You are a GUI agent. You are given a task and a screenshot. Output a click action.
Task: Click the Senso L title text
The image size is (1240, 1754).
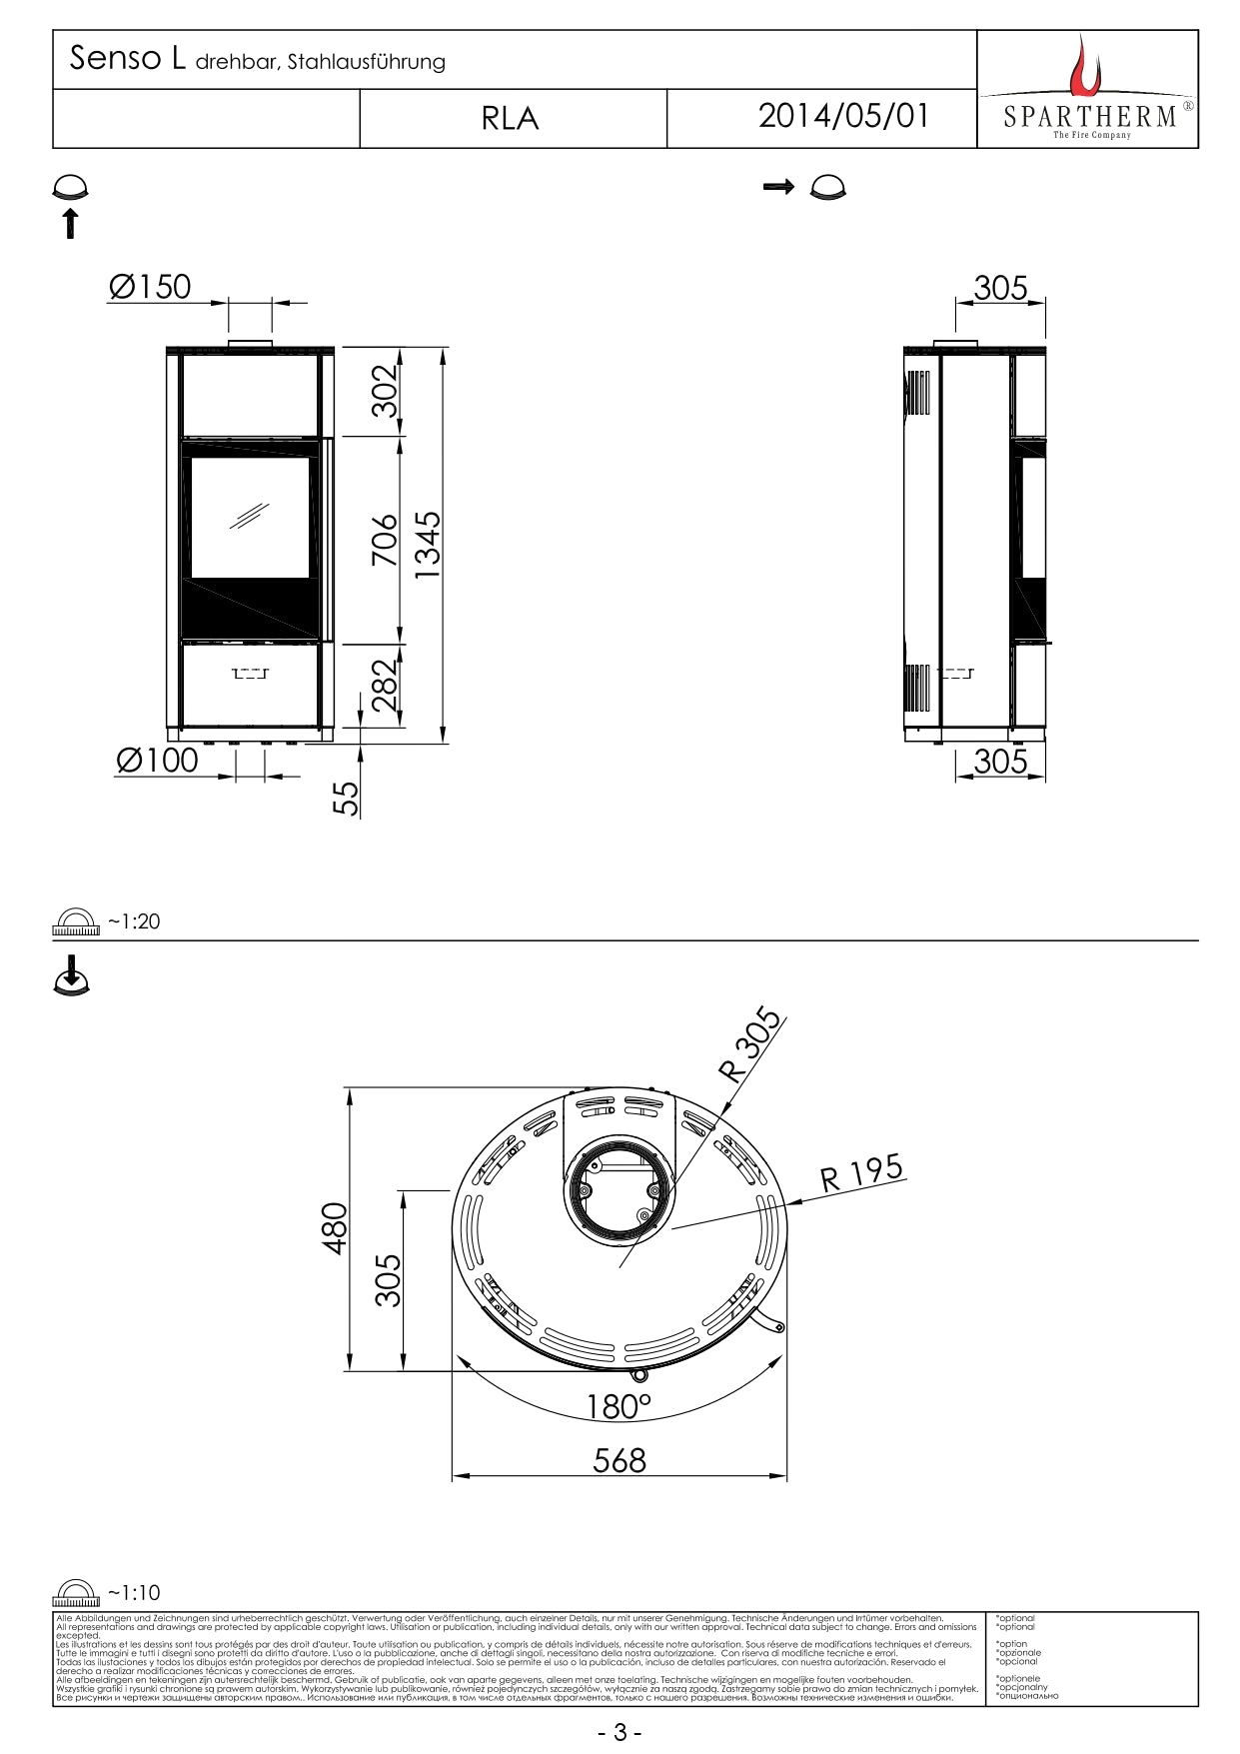pyautogui.click(x=127, y=59)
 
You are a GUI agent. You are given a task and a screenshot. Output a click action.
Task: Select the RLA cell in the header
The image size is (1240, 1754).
pyautogui.click(x=510, y=119)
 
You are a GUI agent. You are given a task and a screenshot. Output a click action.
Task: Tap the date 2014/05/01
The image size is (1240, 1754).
pyautogui.click(x=843, y=116)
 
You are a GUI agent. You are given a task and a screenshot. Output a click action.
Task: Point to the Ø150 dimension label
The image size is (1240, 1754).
pyautogui.click(x=150, y=287)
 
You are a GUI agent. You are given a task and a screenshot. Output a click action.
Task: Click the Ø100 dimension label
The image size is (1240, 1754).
pyautogui.click(x=157, y=760)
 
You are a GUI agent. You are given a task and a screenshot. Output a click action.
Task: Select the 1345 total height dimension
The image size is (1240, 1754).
pyautogui.click(x=428, y=545)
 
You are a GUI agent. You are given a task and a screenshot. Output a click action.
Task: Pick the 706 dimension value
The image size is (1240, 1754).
pyautogui.click(x=386, y=540)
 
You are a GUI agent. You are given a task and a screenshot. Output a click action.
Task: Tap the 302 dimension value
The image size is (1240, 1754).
pyautogui.click(x=386, y=391)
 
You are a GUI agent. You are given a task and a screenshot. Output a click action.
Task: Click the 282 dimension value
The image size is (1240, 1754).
pyautogui.click(x=386, y=685)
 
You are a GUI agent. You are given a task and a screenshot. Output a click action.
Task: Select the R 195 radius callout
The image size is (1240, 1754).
pyautogui.click(x=861, y=1172)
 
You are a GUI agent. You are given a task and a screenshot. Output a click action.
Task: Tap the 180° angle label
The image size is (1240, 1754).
pyautogui.click(x=619, y=1406)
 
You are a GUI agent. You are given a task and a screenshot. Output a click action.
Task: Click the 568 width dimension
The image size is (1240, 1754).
pyautogui.click(x=620, y=1460)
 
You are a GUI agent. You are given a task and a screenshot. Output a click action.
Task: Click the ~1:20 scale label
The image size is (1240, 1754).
pyautogui.click(x=133, y=921)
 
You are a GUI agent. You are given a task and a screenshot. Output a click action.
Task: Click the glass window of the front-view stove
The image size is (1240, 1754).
pyautogui.click(x=250, y=518)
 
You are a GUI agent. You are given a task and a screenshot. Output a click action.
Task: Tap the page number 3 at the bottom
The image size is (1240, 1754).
pyautogui.click(x=620, y=1732)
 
